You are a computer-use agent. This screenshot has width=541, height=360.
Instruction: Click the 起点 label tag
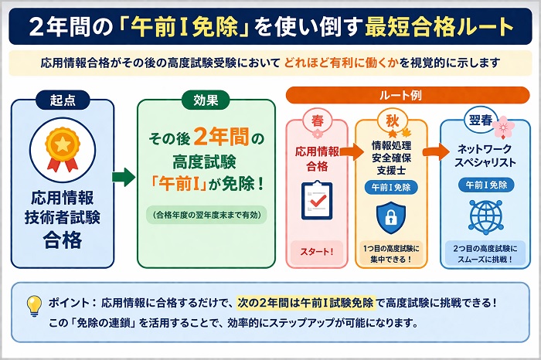tap(63, 100)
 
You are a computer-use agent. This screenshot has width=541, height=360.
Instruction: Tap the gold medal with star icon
tap(63, 146)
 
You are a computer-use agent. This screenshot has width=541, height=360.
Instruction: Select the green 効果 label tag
tap(206, 100)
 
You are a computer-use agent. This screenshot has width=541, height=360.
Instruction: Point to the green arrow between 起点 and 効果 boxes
tap(124, 178)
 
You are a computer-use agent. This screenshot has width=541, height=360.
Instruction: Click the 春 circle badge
tap(317, 121)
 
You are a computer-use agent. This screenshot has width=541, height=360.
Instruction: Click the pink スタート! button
tap(317, 251)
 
